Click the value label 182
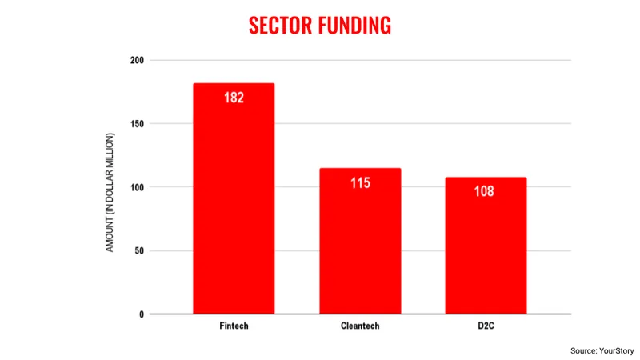click(234, 98)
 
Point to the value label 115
click(360, 183)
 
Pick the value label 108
click(484, 192)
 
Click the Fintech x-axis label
click(234, 327)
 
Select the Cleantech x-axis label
click(360, 327)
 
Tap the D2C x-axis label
click(486, 327)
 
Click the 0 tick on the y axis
click(141, 314)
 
